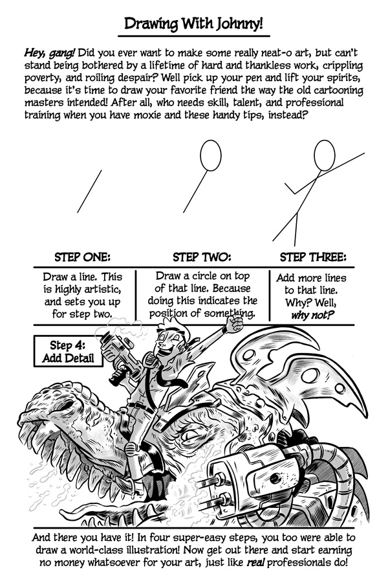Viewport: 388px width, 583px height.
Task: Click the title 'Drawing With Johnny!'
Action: pos(193,24)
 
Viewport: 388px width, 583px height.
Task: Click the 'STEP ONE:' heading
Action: pos(82,257)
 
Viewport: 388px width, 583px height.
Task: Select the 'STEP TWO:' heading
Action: pos(202,257)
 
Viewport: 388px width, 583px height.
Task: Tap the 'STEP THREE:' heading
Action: pos(313,257)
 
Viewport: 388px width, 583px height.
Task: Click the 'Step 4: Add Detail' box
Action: pos(68,351)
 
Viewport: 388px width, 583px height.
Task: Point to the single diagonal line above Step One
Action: pos(89,192)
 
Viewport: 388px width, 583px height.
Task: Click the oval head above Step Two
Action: pos(211,155)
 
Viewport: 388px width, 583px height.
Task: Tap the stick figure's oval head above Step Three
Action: pos(325,155)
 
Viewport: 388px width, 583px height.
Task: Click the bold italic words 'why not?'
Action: pos(312,315)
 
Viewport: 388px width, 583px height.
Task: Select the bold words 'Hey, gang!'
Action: pos(49,53)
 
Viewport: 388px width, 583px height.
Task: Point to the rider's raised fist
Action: pos(233,324)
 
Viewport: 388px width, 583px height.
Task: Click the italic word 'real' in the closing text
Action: pos(256,562)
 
